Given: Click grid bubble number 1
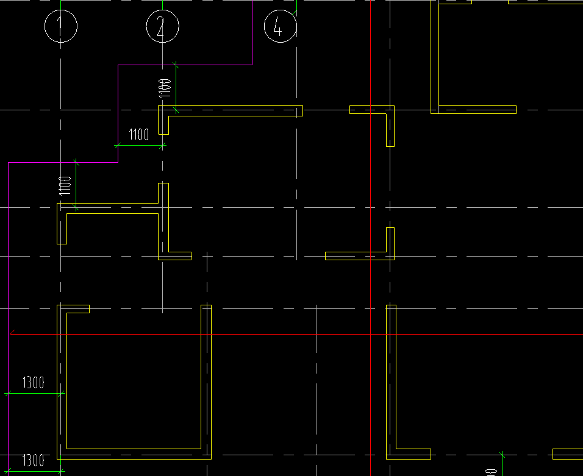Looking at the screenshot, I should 60,27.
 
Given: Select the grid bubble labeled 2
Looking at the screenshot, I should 162,27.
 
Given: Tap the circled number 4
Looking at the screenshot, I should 280,27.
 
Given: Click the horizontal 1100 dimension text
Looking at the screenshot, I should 139,135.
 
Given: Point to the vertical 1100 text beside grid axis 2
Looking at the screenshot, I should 164,88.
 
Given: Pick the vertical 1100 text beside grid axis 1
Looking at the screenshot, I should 65,185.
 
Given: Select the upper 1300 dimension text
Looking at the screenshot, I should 34,383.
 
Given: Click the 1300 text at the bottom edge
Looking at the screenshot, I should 34,460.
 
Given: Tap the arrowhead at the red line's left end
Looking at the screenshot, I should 13,333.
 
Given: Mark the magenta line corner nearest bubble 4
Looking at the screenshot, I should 252,65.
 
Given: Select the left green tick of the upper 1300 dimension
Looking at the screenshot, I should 8,394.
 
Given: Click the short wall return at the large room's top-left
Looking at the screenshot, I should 77,308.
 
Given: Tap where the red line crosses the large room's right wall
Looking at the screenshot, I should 206,334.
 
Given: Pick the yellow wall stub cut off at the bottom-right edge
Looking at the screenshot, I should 567,454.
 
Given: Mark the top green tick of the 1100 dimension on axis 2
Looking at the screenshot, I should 176,63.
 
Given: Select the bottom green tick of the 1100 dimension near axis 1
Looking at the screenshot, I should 76,210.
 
